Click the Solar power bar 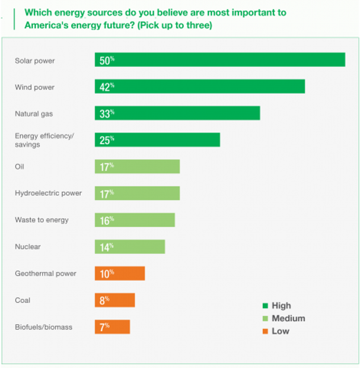click(219, 60)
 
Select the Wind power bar click(200, 87)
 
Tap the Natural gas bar click(177, 113)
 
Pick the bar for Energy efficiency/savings click(157, 139)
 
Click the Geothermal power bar click(120, 273)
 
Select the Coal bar click(114, 300)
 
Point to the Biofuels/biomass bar click(112, 326)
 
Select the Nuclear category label click(28, 246)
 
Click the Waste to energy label click(42, 220)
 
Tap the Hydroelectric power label click(48, 193)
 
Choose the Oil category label click(19, 167)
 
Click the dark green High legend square click(265, 306)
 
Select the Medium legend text click(288, 318)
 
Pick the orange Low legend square click(265, 331)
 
